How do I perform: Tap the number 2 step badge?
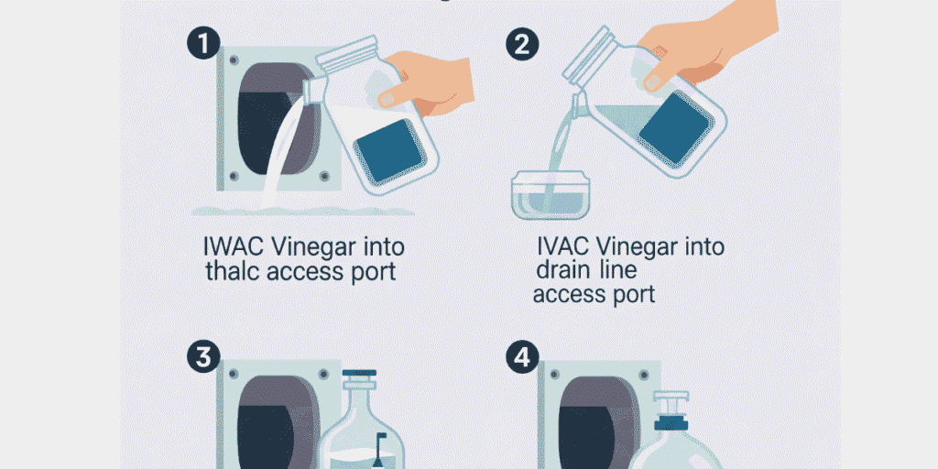pos(522,45)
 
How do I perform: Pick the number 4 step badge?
pos(522,358)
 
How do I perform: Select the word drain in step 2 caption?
pos(562,271)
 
